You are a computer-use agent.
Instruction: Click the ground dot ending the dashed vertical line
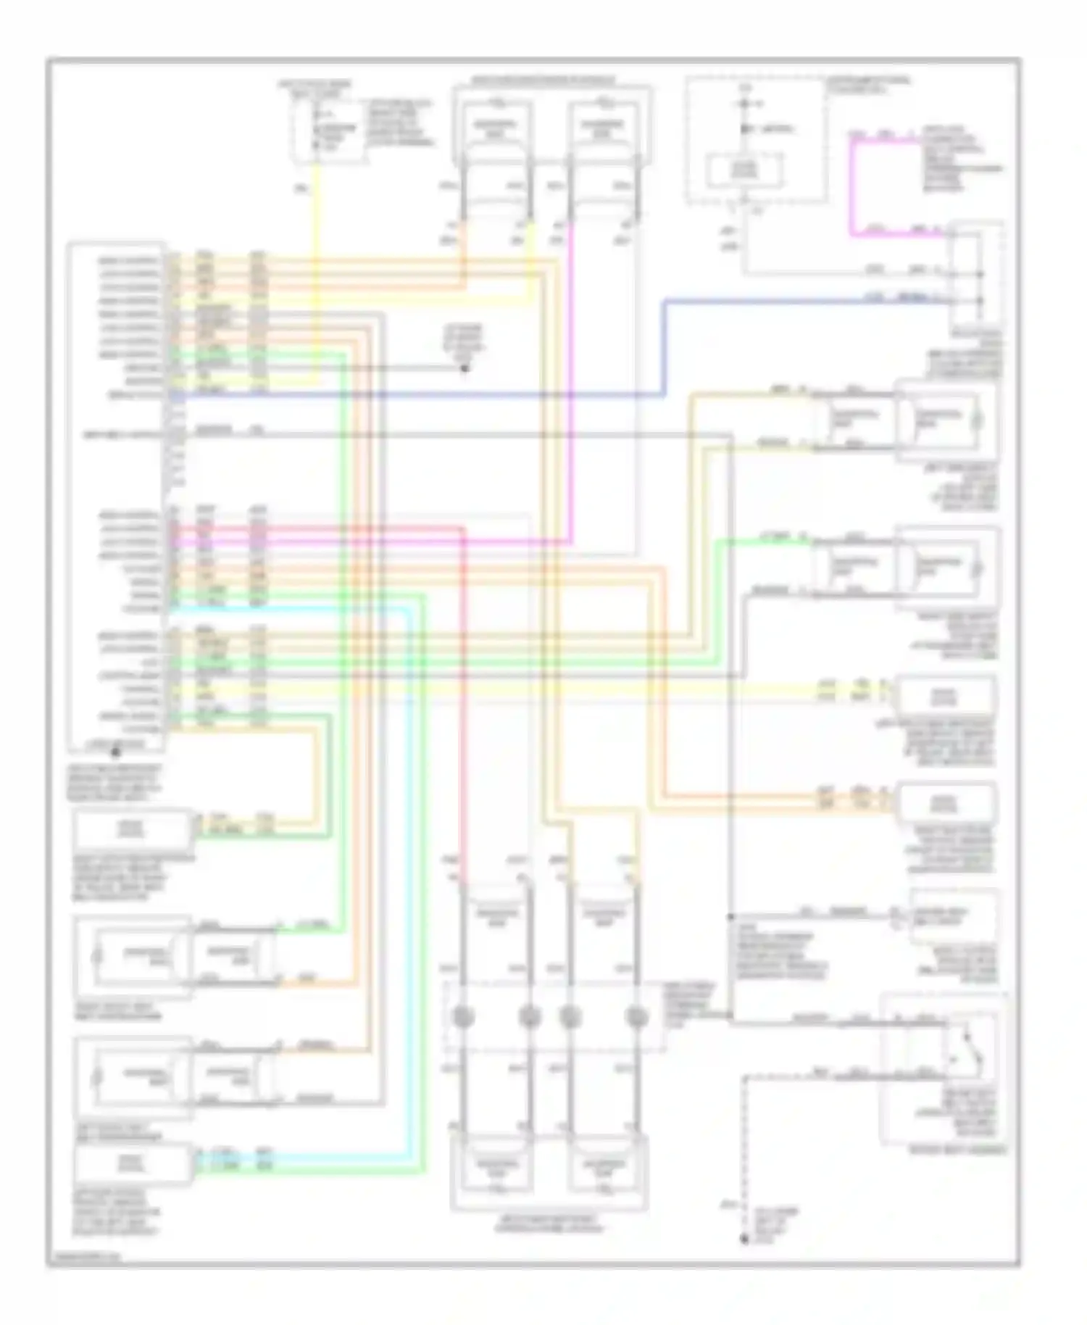(x=744, y=1239)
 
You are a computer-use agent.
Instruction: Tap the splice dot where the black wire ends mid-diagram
(x=465, y=368)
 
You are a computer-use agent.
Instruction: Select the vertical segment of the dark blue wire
(x=665, y=347)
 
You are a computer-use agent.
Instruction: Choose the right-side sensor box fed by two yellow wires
(x=945, y=697)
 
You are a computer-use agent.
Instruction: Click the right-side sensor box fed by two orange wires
(x=945, y=803)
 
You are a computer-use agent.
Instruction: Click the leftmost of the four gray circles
(x=462, y=1018)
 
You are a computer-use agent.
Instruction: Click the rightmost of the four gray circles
(x=636, y=1018)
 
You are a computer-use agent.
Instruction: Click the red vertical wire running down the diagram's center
(x=463, y=696)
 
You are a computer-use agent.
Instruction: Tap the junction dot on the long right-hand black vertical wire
(x=730, y=916)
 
